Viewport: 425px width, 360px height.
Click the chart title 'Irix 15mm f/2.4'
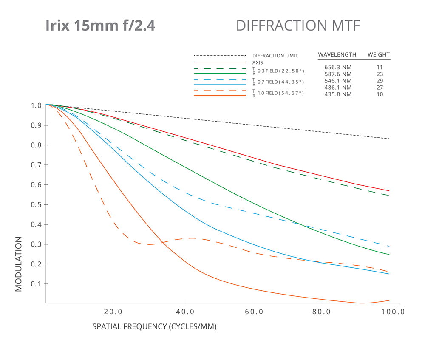100,26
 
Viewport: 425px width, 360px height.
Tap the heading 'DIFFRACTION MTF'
298,26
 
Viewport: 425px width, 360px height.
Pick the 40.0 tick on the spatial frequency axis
185,312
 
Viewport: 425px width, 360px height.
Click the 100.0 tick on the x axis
392,312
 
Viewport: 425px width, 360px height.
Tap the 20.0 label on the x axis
113,312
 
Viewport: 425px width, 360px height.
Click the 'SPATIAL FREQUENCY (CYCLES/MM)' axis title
154,328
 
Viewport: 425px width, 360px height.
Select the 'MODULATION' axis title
18,264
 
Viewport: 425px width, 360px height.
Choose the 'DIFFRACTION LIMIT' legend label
275,56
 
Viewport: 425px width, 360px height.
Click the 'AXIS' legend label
258,62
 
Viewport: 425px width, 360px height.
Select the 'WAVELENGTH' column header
337,55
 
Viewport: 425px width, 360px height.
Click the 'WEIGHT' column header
378,55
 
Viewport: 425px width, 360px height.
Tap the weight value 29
380,81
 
